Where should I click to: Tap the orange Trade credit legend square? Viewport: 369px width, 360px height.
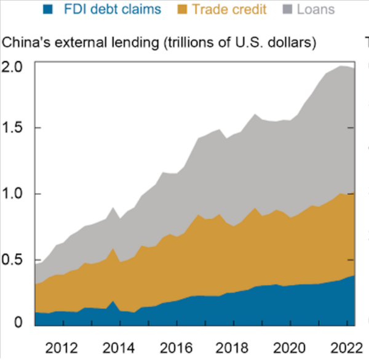tap(180, 9)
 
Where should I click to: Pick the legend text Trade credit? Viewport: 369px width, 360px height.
tap(230, 9)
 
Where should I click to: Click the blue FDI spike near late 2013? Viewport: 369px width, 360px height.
tap(113, 305)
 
